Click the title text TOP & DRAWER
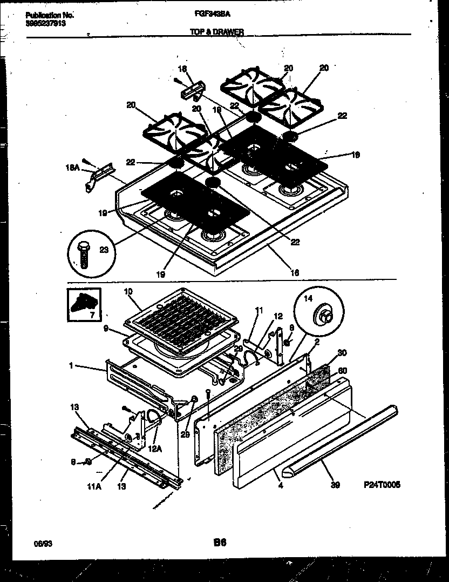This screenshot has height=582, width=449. point(217,32)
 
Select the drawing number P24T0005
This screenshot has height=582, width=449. point(382,486)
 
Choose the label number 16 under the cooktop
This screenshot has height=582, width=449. point(295,272)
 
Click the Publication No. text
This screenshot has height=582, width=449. point(50,16)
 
